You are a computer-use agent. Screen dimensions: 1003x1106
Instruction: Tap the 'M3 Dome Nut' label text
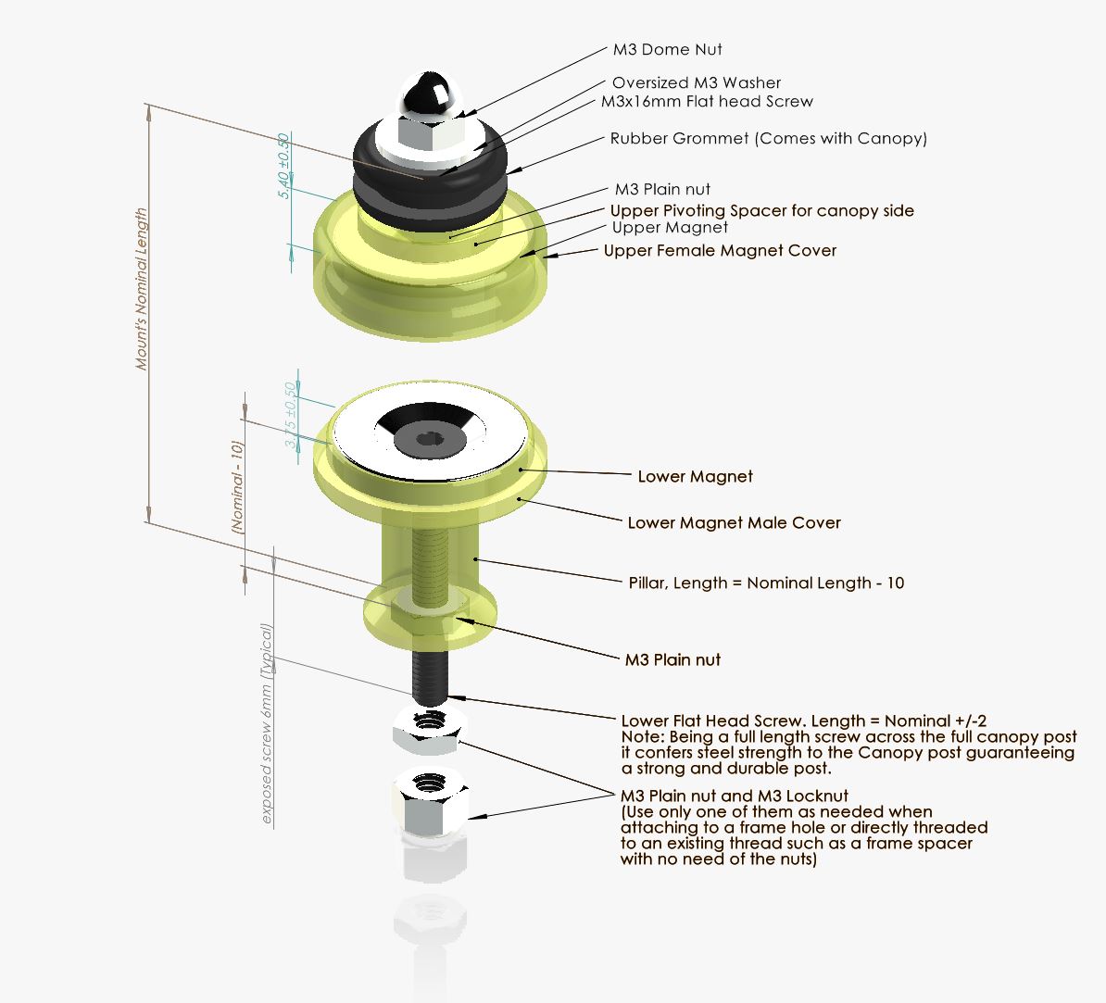coord(667,50)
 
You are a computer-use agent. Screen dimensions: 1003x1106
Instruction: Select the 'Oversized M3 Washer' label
coord(696,83)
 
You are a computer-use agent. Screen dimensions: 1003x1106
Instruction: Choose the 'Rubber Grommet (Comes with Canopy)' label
coord(768,139)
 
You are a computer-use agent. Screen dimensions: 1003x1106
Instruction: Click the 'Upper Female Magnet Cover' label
coord(720,251)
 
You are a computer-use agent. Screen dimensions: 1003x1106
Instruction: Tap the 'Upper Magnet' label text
coord(670,228)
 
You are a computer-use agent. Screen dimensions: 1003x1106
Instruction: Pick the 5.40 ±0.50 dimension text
coord(284,166)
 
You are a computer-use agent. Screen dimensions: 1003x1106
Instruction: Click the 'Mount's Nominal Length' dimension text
coord(142,289)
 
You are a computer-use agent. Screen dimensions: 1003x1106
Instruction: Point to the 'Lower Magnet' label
coord(695,477)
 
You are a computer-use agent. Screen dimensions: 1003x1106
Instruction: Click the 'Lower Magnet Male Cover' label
coord(734,523)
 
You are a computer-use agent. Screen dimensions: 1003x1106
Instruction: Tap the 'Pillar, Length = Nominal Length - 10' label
coord(766,583)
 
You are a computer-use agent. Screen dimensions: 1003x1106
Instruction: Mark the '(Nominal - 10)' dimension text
coord(238,486)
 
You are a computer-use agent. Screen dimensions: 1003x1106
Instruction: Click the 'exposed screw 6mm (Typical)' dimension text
coord(267,724)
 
